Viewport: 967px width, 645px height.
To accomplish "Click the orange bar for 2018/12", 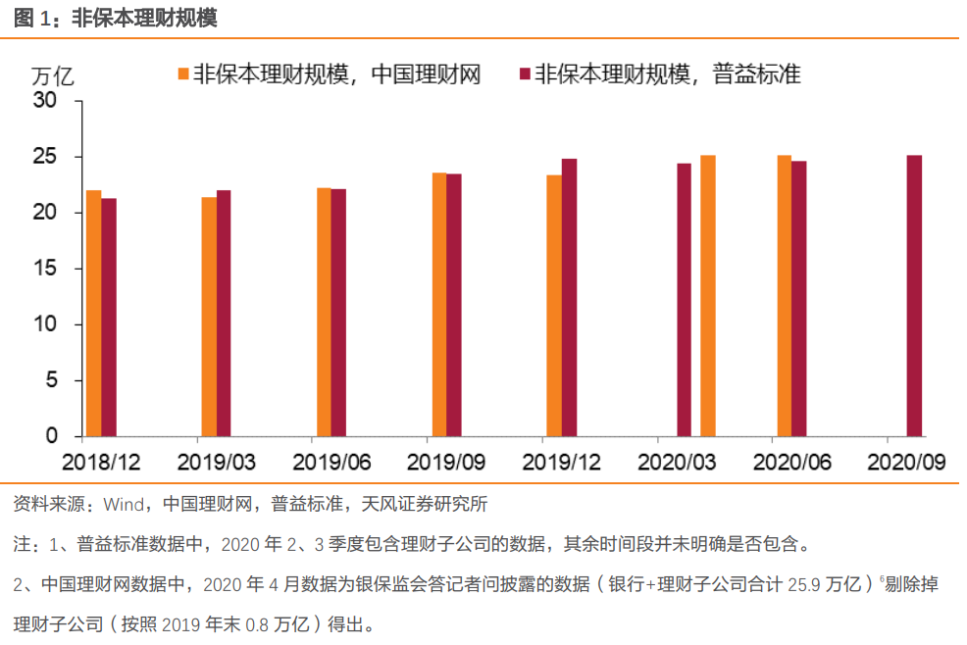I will point(93,313).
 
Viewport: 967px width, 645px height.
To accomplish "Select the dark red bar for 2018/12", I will point(109,317).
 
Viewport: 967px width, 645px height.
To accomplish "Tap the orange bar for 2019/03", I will point(209,316).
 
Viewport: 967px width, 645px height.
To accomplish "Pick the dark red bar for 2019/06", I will point(338,312).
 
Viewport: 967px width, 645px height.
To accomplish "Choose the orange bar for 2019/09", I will point(438,304).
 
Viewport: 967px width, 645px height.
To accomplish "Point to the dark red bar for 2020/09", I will point(914,295).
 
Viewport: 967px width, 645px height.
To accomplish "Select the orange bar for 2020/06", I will point(784,295).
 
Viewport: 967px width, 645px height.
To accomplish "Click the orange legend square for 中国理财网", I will point(183,74).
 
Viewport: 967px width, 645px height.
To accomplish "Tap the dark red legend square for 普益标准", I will point(524,74).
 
